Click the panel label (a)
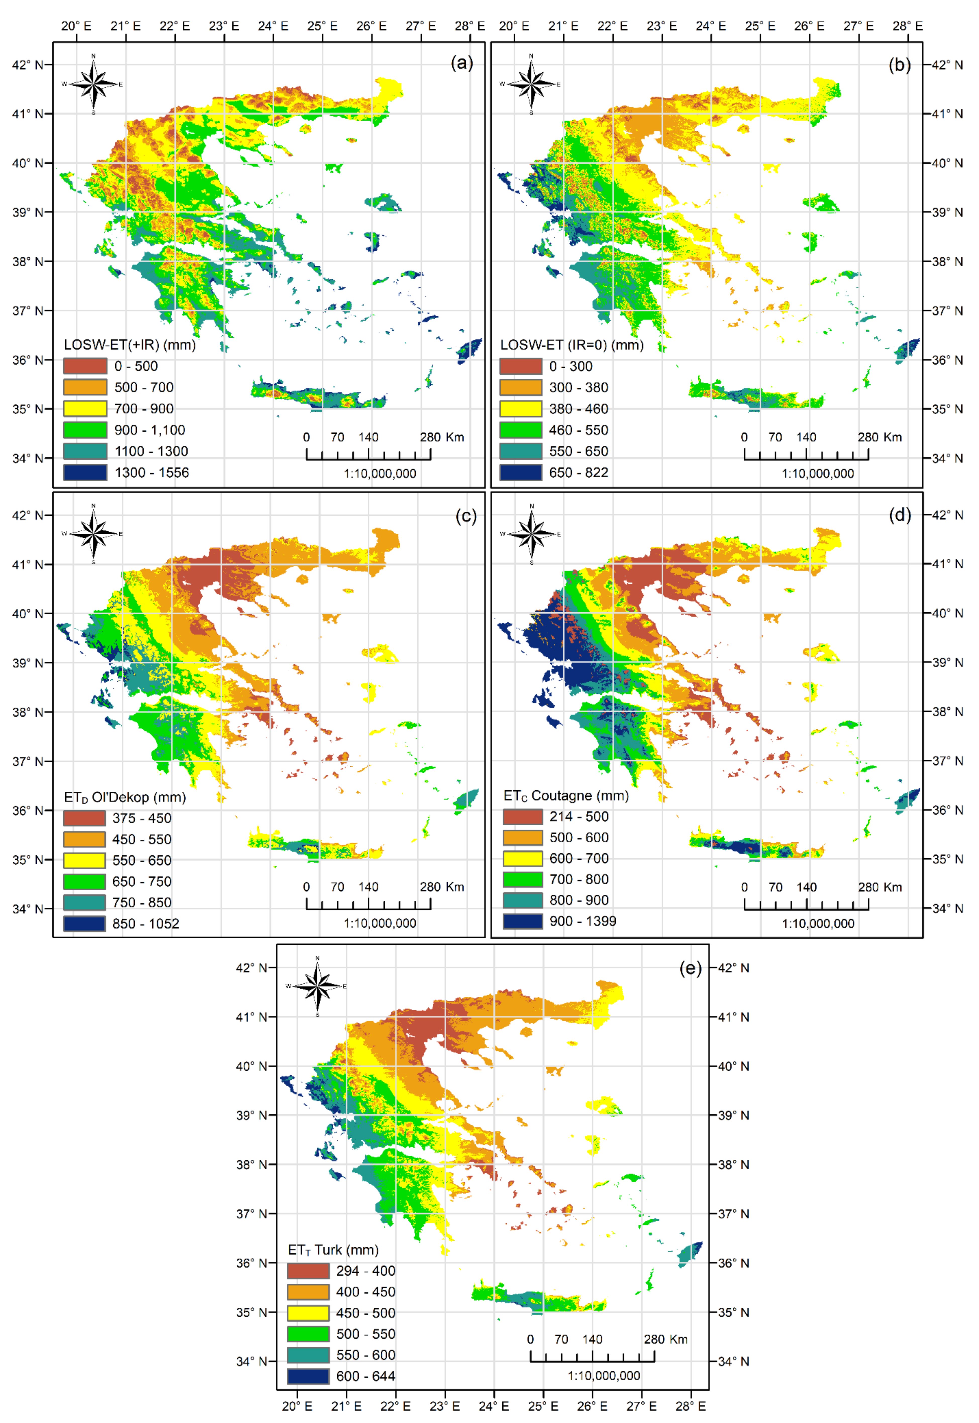[461, 63]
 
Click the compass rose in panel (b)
[531, 84]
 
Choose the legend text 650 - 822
[578, 472]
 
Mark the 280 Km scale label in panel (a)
[442, 437]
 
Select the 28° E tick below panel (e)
[691, 1406]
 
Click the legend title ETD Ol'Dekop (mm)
[125, 797]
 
